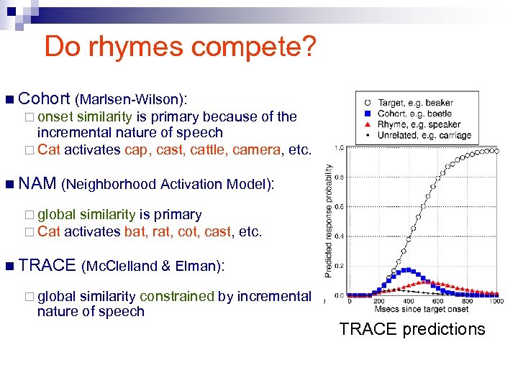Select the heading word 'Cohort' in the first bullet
(44, 98)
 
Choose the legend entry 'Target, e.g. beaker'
(416, 103)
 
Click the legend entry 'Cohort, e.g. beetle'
(415, 114)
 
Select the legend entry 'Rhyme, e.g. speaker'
(419, 124)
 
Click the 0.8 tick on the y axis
(337, 176)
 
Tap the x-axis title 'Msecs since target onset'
(421, 310)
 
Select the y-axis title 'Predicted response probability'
(328, 220)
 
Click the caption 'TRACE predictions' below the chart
(412, 329)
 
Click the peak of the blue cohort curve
(408, 270)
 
